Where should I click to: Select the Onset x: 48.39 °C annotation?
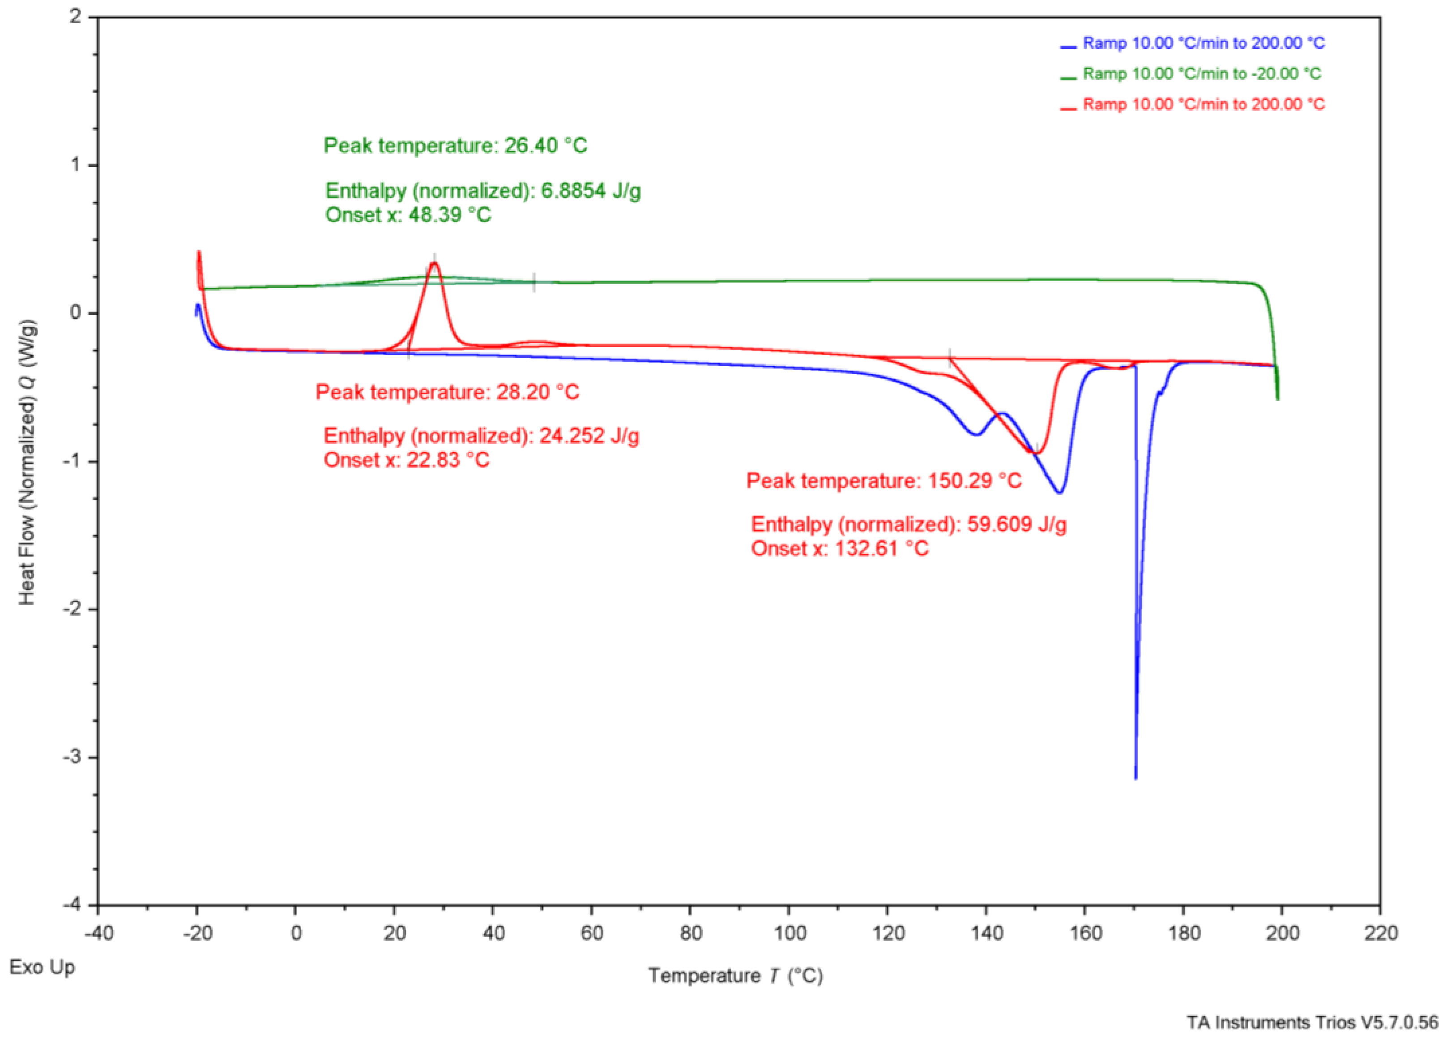408,215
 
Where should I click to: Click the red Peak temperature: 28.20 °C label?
447,392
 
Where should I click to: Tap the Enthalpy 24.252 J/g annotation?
481,436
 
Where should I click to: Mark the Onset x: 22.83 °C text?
406,460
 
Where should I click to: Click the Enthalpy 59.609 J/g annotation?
909,524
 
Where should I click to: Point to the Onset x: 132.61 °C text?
840,549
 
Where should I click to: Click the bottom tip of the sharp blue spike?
1135,777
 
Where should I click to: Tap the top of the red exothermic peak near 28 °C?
435,264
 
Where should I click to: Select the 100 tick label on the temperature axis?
790,933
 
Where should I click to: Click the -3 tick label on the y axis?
75,758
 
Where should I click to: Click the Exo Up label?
42,967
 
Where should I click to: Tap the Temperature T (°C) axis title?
736,976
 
